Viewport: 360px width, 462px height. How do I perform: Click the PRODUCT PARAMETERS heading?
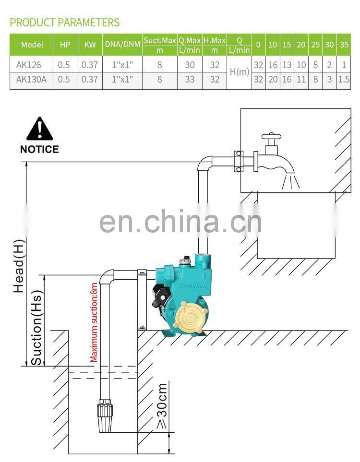pyautogui.click(x=64, y=22)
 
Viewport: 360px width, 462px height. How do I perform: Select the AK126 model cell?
pyautogui.click(x=29, y=65)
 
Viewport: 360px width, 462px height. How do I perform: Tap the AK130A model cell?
pyautogui.click(x=31, y=79)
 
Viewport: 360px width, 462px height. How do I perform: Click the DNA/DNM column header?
pyautogui.click(x=122, y=45)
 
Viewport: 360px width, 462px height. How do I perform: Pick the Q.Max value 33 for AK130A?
pyautogui.click(x=190, y=79)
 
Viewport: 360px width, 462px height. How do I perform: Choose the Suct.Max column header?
pyautogui.click(x=159, y=40)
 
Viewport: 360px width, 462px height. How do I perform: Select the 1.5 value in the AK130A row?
pyautogui.click(x=344, y=79)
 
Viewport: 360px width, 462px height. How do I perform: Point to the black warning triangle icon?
pyautogui.click(x=39, y=129)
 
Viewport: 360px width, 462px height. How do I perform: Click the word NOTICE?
pyautogui.click(x=39, y=149)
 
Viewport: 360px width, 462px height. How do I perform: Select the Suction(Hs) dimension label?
pyautogui.click(x=36, y=321)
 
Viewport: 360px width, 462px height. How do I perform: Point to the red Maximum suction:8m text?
pyautogui.click(x=94, y=322)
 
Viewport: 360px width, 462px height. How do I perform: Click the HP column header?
pyautogui.click(x=65, y=45)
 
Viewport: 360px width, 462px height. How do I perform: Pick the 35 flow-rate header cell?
pyautogui.click(x=344, y=45)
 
